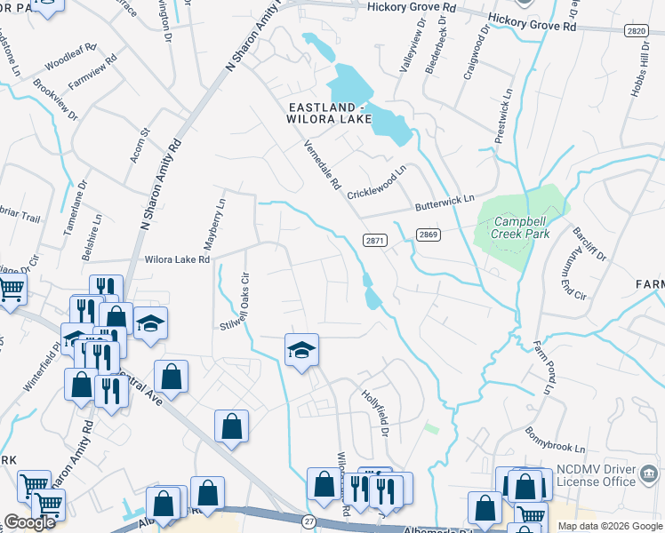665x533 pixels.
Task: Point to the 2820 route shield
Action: [x=635, y=30]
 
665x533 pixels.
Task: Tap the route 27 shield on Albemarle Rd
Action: [x=308, y=521]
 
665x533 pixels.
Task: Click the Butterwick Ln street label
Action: [x=445, y=204]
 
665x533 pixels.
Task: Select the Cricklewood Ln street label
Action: [x=377, y=180]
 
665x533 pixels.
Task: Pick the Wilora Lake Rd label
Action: [x=178, y=260]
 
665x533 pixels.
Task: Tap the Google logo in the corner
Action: [x=30, y=522]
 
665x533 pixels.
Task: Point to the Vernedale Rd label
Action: [x=322, y=165]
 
